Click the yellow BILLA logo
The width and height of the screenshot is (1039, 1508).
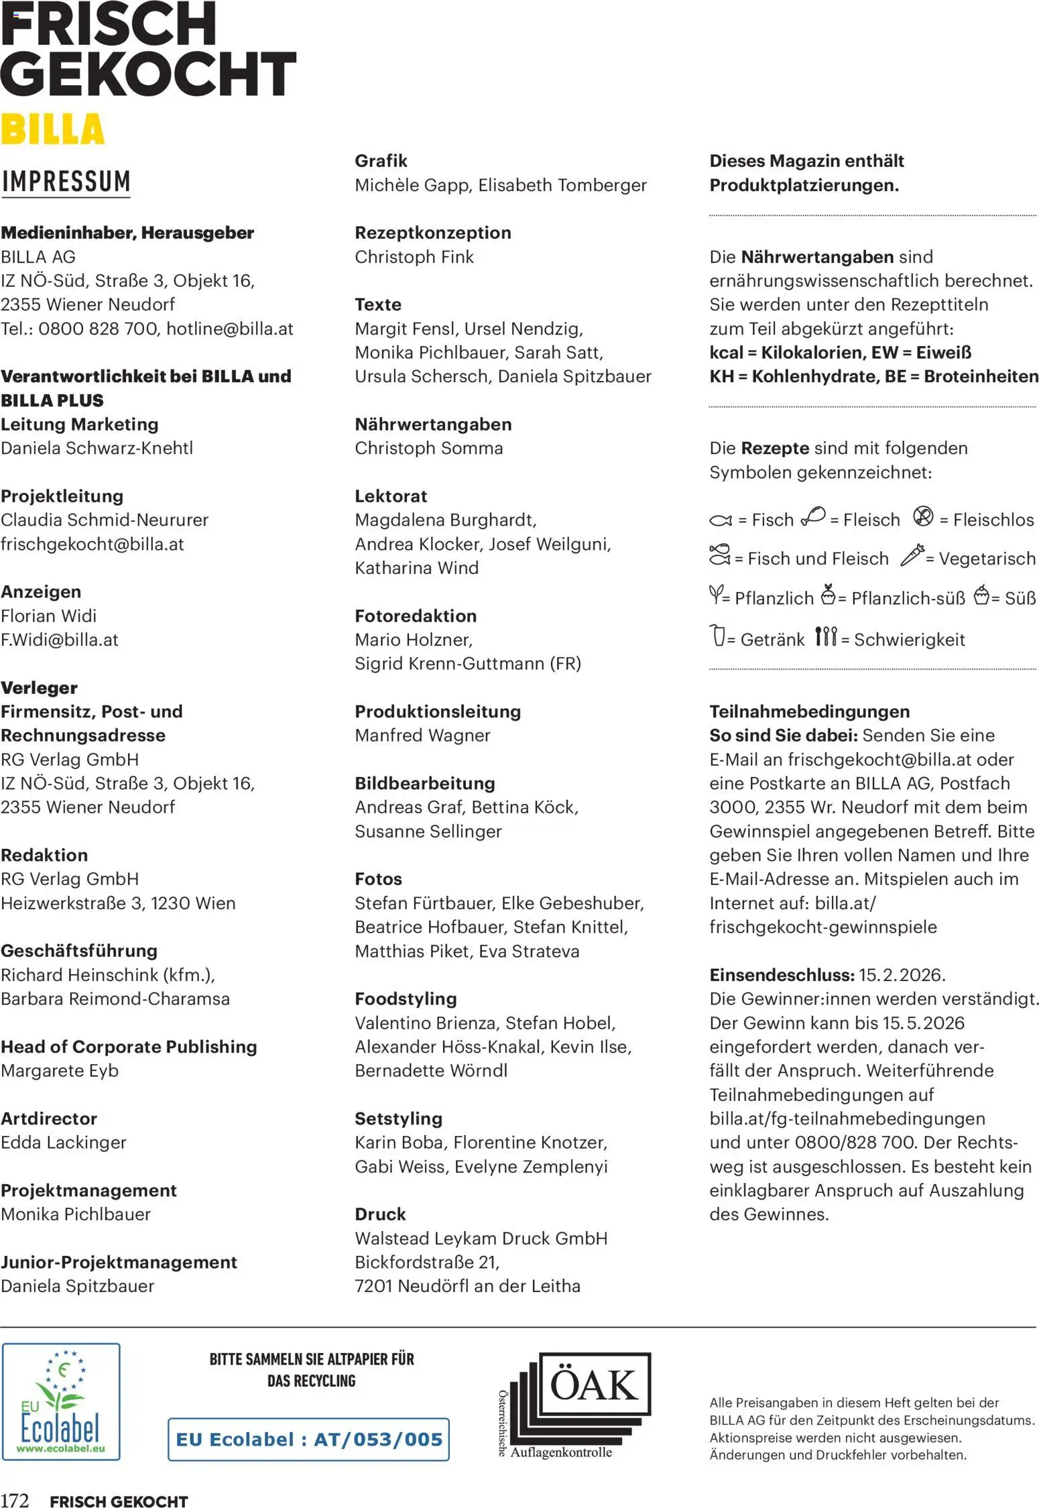point(53,129)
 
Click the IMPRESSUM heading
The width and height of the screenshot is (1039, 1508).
point(66,182)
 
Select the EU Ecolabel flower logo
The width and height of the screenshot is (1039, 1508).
point(61,1401)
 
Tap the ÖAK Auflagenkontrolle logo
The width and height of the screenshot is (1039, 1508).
point(575,1405)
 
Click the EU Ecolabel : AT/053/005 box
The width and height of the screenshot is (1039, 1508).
point(308,1439)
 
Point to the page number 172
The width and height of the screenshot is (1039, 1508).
point(15,1501)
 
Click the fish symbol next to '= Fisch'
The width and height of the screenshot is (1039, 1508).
point(721,520)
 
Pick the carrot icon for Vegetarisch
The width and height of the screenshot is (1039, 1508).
point(912,555)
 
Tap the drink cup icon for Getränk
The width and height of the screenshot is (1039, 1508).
point(718,635)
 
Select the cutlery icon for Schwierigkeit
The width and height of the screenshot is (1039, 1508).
point(826,636)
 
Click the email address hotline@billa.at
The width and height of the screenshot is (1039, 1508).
point(230,329)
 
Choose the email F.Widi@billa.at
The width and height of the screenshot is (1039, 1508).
point(60,640)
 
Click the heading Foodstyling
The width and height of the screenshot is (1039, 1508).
point(406,998)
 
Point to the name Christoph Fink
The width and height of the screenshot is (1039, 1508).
point(414,257)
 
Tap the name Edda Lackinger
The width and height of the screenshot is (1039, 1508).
point(64,1142)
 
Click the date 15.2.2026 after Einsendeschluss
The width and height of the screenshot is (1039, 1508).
point(902,974)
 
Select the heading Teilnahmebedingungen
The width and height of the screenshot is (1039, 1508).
point(809,711)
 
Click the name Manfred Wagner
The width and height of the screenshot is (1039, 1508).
point(422,735)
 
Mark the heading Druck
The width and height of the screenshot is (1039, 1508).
point(380,1214)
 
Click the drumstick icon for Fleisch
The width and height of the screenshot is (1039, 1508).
point(813,516)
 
